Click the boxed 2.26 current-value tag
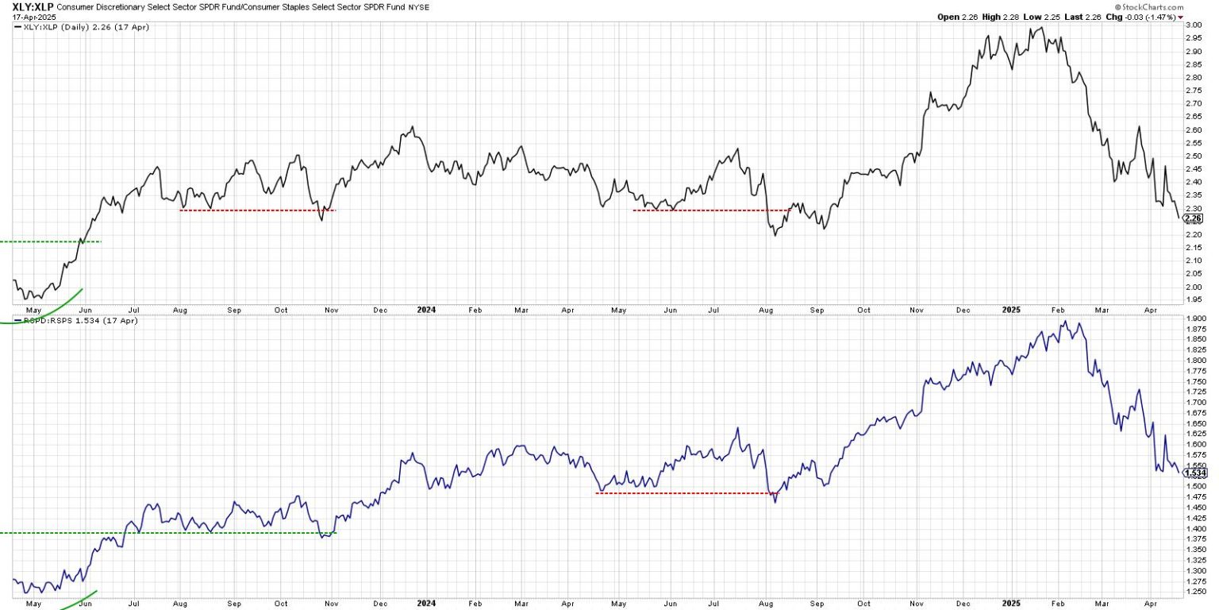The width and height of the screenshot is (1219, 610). click(1193, 218)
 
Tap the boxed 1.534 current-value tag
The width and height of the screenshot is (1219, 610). click(1194, 473)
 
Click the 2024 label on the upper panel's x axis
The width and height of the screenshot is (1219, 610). click(426, 311)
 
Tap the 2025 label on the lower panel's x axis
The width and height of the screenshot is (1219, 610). click(1009, 604)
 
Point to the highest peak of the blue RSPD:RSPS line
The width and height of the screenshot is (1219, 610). click(1065, 322)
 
